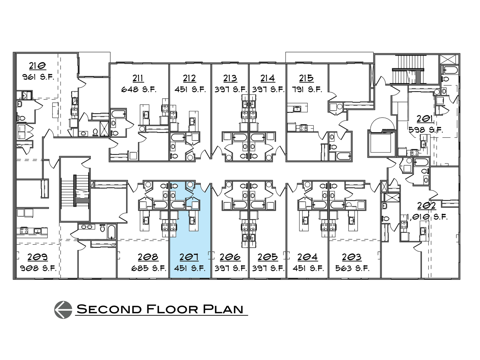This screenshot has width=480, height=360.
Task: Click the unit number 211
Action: (138, 78)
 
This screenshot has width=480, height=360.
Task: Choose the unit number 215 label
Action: (306, 78)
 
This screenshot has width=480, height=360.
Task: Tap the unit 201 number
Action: (425, 119)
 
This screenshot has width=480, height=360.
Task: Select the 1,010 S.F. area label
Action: (427, 217)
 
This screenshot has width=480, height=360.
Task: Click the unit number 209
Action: (37, 257)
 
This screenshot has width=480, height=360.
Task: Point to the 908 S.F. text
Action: (38, 268)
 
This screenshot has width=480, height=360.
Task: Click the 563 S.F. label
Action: (352, 268)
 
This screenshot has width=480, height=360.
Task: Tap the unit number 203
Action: (352, 257)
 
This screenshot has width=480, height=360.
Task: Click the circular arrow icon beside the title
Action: (63, 309)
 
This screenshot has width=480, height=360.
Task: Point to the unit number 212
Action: (189, 78)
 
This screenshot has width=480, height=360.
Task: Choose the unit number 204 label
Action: (307, 257)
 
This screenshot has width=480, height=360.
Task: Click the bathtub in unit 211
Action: (118, 114)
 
